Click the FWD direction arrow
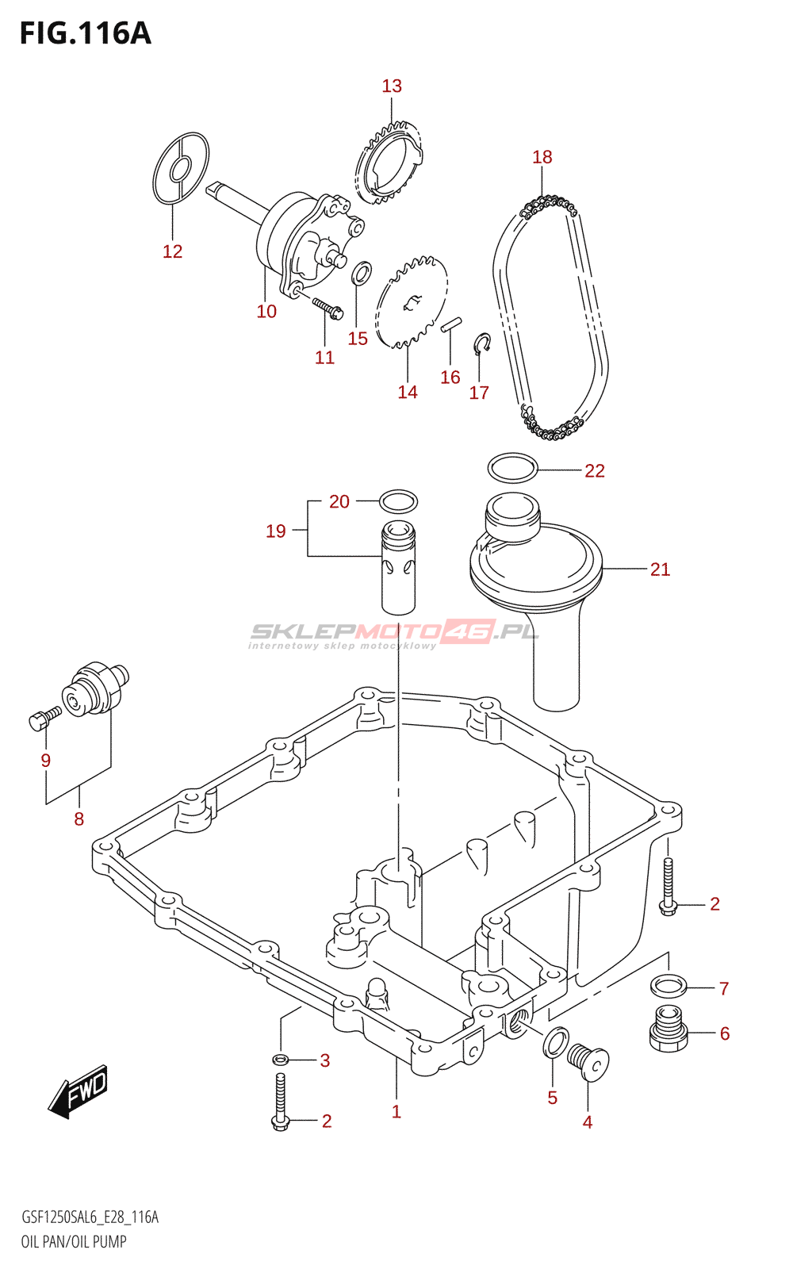pyautogui.click(x=79, y=1091)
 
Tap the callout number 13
pyautogui.click(x=392, y=86)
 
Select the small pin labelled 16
pyautogui.click(x=451, y=324)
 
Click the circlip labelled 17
pyautogui.click(x=481, y=343)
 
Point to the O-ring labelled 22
pyautogui.click(x=512, y=468)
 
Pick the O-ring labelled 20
pyautogui.click(x=398, y=501)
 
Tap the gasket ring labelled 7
pyautogui.click(x=668, y=986)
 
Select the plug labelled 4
pyautogui.click(x=588, y=1061)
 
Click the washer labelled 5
pyautogui.click(x=556, y=1042)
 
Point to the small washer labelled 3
pyautogui.click(x=280, y=1060)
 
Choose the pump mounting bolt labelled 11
pyautogui.click(x=327, y=307)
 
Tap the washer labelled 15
pyautogui.click(x=362, y=273)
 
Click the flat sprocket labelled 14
pyautogui.click(x=412, y=302)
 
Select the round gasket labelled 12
pyautogui.click(x=181, y=168)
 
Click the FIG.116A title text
pyautogui.click(x=85, y=33)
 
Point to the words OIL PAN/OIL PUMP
pyautogui.click(x=74, y=1241)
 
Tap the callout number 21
pyautogui.click(x=660, y=569)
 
